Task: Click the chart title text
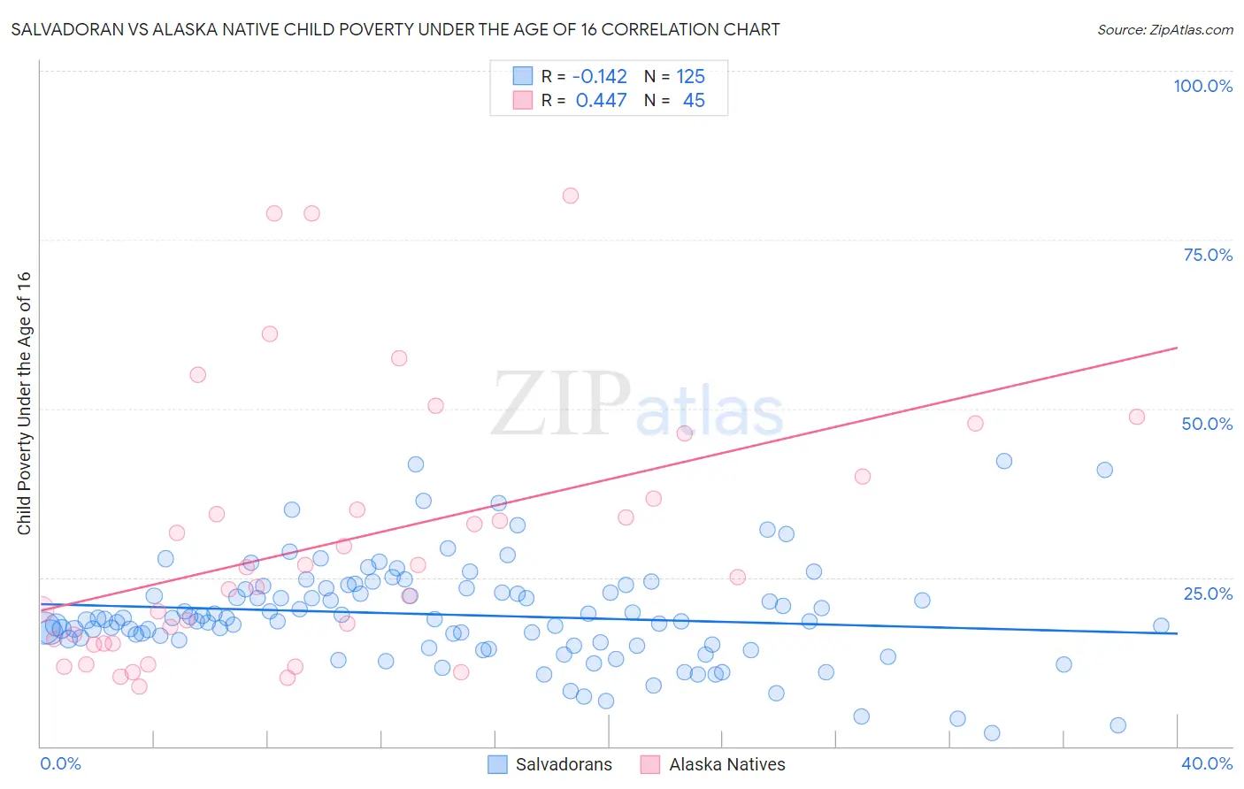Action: coord(395,29)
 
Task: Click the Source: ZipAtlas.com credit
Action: coord(1164,29)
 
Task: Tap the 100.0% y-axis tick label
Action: coord(1202,86)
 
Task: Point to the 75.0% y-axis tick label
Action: coord(1208,255)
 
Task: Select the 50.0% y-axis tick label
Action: coord(1207,424)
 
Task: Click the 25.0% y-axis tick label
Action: coord(1208,594)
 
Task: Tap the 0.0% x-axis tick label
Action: coord(60,763)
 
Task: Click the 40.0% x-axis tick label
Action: coord(1207,763)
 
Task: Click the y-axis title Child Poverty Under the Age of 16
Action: coord(24,402)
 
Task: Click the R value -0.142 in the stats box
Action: coord(600,76)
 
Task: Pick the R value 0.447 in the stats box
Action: coord(601,101)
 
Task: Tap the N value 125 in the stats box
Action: coord(691,76)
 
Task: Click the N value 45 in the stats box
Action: coord(694,101)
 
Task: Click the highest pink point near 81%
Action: coord(571,195)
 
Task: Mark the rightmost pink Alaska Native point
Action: coord(1137,417)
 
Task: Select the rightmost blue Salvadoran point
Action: coord(1162,625)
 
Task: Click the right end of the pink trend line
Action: coord(1177,348)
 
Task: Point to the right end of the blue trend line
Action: coord(1177,633)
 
